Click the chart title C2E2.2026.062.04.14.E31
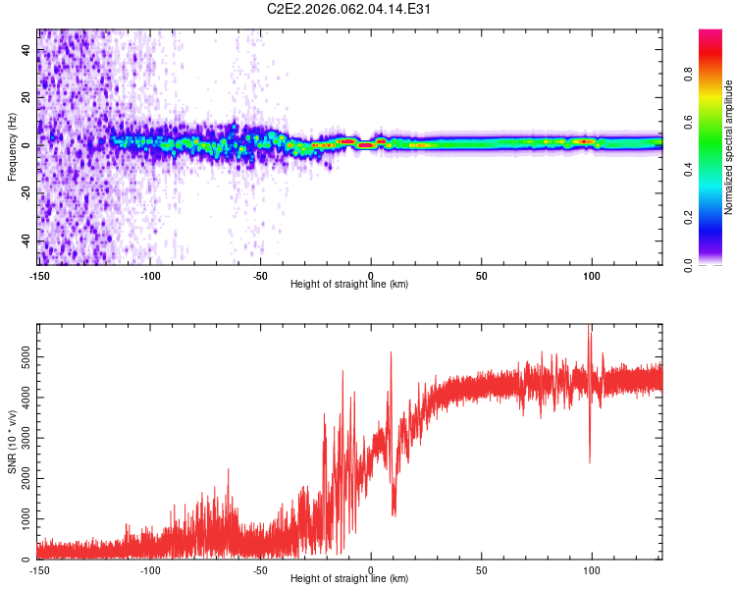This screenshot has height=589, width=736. tap(350, 9)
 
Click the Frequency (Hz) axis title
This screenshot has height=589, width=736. tap(13, 147)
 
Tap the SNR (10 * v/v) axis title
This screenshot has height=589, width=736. tap(13, 441)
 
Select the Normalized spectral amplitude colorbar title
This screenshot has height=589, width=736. tap(729, 147)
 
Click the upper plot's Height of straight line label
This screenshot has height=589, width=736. tap(349, 284)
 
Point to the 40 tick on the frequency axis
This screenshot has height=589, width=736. tap(27, 49)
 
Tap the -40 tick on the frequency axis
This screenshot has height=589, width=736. tap(27, 241)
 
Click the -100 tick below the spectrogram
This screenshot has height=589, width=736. tap(150, 275)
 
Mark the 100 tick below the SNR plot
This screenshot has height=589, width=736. tap(592, 569)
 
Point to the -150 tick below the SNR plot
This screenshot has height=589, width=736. tap(39, 569)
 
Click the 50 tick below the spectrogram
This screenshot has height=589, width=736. tap(481, 275)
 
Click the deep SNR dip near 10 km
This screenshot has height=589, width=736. tap(394, 512)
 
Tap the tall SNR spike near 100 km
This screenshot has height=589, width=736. tap(589, 330)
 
